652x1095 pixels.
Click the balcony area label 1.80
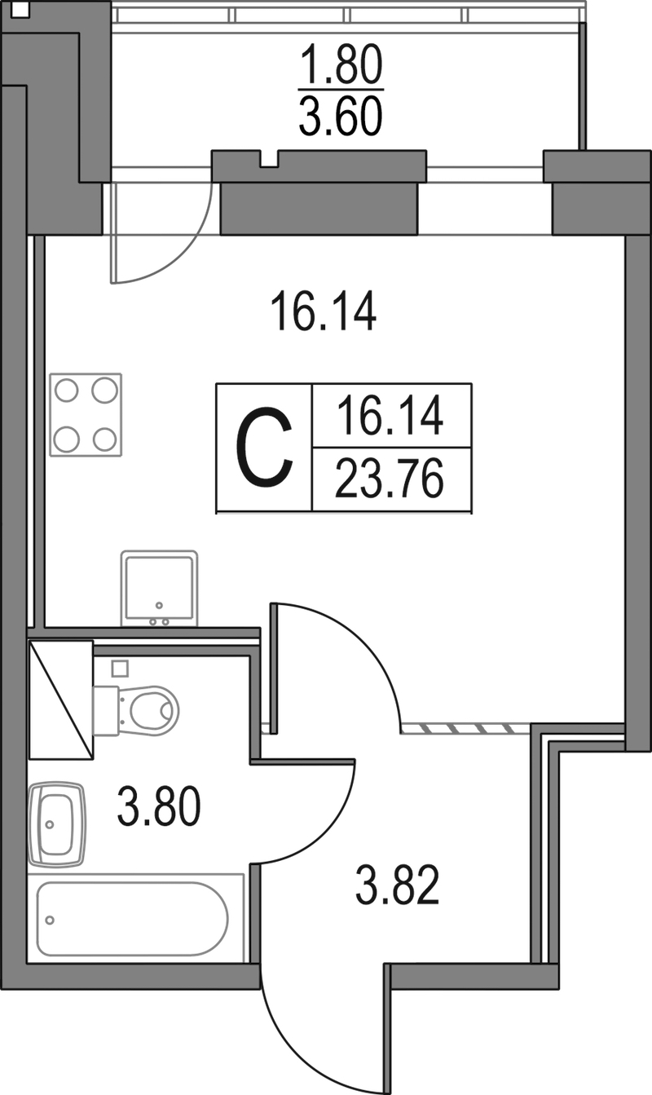(x=341, y=64)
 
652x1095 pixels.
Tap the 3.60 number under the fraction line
(x=341, y=116)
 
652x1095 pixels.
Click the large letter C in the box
(x=264, y=448)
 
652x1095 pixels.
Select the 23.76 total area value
(x=390, y=479)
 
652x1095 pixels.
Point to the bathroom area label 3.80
(x=159, y=806)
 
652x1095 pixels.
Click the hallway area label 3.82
(x=397, y=885)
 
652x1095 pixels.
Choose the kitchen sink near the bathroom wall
(x=160, y=589)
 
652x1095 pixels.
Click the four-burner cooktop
(x=86, y=415)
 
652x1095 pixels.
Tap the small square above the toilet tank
(x=120, y=669)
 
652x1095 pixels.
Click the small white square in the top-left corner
(x=20, y=11)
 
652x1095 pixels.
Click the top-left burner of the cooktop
(x=66, y=391)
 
